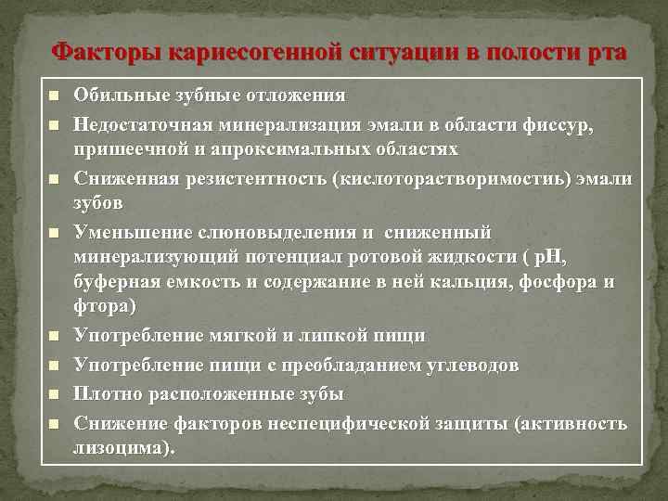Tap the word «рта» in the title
[x=606, y=52]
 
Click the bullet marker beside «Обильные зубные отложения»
[x=54, y=96]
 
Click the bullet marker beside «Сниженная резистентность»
[x=54, y=177]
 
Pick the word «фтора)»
[x=105, y=307]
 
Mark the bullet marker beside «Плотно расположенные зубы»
[x=54, y=394]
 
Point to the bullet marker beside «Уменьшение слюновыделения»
[x=54, y=232]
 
